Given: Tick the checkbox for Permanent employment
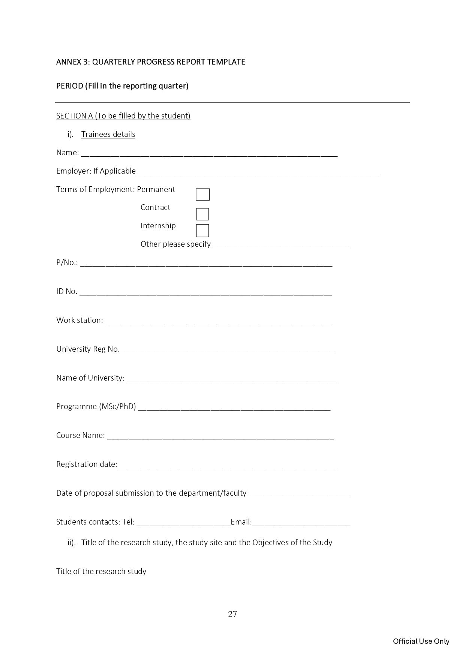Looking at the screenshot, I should (x=203, y=195).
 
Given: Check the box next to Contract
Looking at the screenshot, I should (x=202, y=214).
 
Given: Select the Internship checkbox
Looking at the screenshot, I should (x=202, y=231).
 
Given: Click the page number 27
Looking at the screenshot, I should (x=232, y=614).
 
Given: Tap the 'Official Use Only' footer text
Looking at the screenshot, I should (x=421, y=642).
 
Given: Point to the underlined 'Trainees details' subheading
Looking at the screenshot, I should (x=108, y=134).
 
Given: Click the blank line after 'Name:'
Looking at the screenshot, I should (x=209, y=153).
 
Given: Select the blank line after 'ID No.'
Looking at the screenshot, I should (x=205, y=292).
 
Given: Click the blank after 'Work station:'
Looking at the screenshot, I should (x=218, y=321).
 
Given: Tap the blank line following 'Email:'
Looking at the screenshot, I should (x=301, y=523).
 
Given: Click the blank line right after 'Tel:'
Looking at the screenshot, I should (x=183, y=523).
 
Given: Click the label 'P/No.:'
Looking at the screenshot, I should (x=67, y=262).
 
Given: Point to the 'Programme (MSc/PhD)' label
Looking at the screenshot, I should (x=96, y=406).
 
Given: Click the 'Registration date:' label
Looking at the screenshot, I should (x=87, y=464).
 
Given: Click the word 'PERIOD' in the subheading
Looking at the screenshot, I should (x=70, y=86).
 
